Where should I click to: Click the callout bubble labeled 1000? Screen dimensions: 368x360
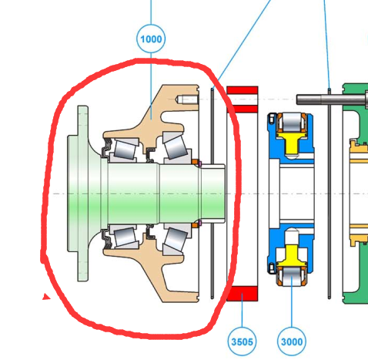[151, 39]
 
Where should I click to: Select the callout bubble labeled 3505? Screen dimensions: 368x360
[242, 341]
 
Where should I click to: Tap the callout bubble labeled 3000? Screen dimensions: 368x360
[292, 341]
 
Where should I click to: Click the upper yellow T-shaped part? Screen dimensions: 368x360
[292, 142]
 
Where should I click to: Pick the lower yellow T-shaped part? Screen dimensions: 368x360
[292, 256]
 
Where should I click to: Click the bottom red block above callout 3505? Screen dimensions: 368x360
[243, 294]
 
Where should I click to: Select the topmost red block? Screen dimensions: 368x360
[243, 90]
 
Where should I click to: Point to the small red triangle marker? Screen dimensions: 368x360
[46, 297]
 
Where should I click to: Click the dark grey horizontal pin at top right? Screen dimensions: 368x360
[331, 99]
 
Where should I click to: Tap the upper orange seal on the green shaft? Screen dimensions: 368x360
[195, 162]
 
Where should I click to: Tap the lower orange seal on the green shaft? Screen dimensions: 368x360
[195, 225]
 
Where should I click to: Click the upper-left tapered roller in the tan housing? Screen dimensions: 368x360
[125, 150]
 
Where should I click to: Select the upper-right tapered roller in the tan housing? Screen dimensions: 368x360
[176, 147]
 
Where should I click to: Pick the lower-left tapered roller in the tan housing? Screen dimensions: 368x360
[125, 237]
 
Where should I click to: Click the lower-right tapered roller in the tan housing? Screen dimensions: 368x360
[176, 240]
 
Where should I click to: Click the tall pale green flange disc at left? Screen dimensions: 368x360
[83, 193]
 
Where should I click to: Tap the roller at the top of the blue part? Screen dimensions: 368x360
[292, 123]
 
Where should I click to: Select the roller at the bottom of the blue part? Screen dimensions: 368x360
[292, 276]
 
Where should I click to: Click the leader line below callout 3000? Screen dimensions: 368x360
[292, 301]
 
